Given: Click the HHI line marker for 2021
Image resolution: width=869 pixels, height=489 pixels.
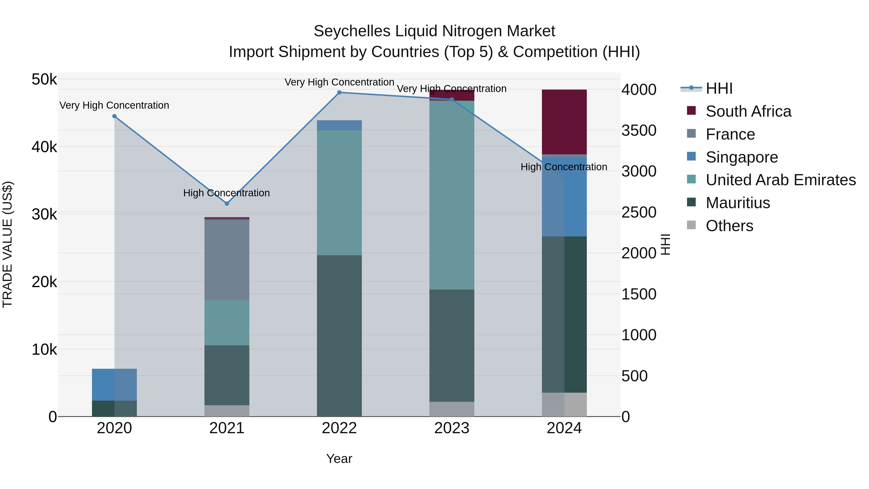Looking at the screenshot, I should coord(227,204).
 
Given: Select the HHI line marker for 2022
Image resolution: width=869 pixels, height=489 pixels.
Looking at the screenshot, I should coord(339,92).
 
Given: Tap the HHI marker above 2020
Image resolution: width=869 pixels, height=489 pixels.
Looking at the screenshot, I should coord(114,116).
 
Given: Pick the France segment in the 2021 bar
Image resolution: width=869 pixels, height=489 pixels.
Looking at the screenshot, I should coord(227,260).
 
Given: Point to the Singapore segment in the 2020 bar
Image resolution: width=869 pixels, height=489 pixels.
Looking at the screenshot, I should coord(114,384).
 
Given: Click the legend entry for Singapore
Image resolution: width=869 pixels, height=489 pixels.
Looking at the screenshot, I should coord(742,157).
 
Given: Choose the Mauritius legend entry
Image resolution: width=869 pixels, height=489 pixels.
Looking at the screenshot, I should coord(737,203).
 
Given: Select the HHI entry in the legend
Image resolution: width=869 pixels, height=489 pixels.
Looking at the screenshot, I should coord(719,88).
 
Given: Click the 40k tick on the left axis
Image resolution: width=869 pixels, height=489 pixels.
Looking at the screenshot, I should coord(44,147).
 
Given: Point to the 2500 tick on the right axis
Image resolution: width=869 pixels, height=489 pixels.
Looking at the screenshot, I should coord(638,212).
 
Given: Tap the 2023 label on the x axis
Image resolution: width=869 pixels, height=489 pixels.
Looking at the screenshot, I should coord(452,428).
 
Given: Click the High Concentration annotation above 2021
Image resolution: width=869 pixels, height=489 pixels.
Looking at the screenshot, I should coord(226,193).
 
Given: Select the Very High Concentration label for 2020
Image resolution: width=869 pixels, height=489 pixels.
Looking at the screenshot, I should coord(114,105).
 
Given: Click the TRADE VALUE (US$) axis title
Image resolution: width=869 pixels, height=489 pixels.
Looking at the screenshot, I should coord(7,244).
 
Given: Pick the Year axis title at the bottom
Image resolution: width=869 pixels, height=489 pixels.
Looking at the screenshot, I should coord(339,459).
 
